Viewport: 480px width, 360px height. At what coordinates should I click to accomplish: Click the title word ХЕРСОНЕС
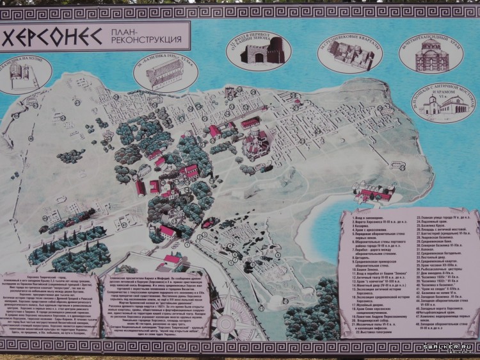coord(51,37)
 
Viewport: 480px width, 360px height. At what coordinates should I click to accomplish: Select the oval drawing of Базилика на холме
coord(24,76)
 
